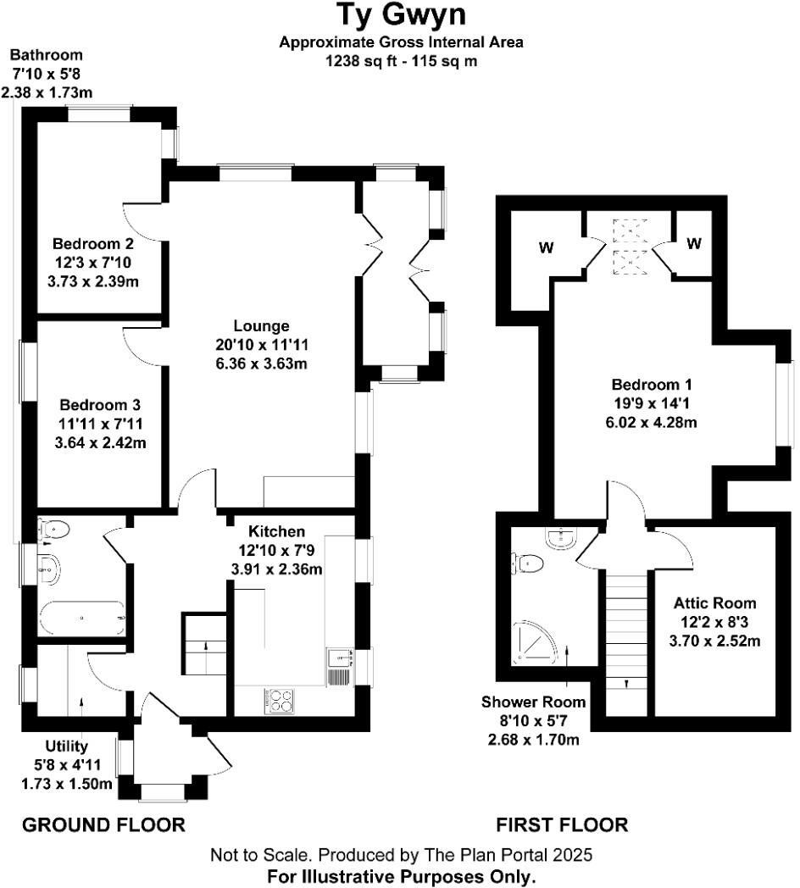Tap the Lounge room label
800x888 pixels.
click(261, 326)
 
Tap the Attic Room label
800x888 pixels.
click(714, 603)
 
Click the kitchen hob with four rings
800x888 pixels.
click(281, 700)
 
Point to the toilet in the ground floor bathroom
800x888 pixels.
click(53, 530)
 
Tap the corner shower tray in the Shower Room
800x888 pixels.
click(536, 645)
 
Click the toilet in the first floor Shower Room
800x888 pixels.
click(530, 562)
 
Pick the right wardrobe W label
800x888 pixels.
click(694, 244)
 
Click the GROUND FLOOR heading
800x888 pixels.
click(103, 824)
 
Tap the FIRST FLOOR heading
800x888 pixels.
click(562, 824)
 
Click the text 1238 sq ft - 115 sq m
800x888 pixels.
click(402, 61)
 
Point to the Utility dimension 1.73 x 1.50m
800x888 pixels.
click(67, 785)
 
